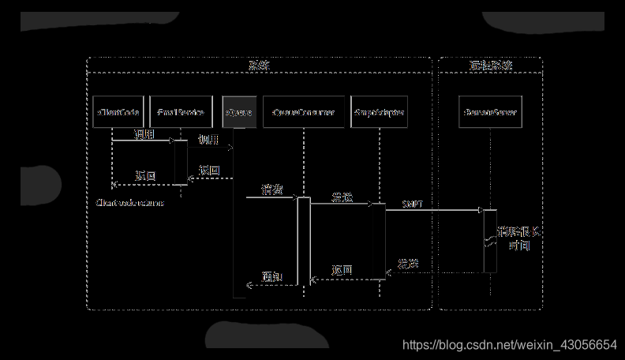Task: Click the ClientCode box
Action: (117, 113)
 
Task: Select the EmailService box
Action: (181, 113)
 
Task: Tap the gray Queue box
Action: (239, 113)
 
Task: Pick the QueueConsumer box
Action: (303, 113)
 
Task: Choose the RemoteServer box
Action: (490, 113)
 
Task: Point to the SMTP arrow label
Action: (413, 204)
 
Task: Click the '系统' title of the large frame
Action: (259, 66)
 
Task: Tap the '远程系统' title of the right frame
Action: (490, 66)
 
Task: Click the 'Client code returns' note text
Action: (130, 203)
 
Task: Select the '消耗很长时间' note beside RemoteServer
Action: (518, 238)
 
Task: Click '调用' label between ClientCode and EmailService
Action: (144, 136)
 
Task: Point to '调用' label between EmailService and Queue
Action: (208, 140)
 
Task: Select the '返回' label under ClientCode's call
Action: (145, 175)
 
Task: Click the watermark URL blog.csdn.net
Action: (509, 345)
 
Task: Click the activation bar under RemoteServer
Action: (490, 241)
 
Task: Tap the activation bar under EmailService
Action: (181, 163)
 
